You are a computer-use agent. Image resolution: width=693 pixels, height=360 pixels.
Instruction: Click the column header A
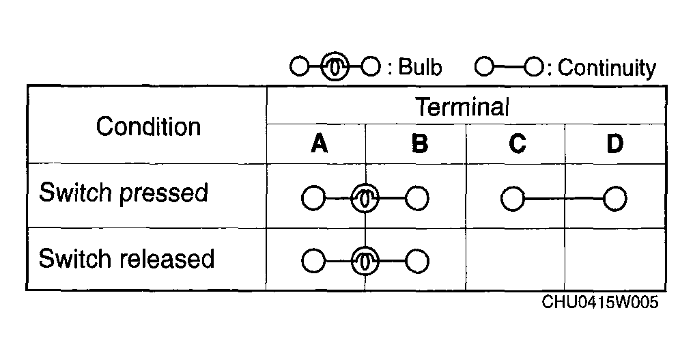[319, 143]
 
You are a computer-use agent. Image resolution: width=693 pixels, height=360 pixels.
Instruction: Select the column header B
[419, 143]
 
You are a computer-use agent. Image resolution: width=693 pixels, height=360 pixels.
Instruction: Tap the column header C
[517, 143]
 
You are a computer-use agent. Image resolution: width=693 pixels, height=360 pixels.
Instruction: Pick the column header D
[614, 143]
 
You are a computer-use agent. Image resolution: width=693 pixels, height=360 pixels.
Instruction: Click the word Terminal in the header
[462, 107]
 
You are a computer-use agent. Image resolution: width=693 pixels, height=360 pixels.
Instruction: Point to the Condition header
[148, 126]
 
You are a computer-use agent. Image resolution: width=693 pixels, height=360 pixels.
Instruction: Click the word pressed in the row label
[164, 193]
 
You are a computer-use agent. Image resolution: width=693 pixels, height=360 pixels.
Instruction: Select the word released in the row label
[167, 258]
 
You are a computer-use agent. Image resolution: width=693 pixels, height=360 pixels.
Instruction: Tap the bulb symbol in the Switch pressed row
[365, 198]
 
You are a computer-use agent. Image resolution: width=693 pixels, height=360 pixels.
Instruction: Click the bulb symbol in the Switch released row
[365, 261]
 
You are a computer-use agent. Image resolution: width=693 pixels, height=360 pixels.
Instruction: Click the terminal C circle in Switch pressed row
[513, 199]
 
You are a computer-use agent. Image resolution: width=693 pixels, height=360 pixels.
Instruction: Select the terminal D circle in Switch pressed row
[614, 199]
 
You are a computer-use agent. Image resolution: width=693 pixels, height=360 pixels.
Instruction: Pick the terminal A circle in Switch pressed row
[313, 198]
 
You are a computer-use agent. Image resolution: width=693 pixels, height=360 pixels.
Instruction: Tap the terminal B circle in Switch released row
[416, 261]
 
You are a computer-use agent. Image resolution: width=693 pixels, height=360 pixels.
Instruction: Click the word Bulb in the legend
[420, 67]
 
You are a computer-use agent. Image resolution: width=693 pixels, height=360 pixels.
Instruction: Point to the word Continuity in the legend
[607, 68]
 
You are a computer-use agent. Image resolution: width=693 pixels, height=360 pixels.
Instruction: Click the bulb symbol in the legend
[335, 67]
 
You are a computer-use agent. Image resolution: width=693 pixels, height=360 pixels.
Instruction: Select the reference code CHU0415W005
[599, 303]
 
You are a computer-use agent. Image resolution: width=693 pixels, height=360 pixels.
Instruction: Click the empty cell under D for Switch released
[614, 259]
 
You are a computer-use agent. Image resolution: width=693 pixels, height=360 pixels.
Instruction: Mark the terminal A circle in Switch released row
[313, 261]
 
